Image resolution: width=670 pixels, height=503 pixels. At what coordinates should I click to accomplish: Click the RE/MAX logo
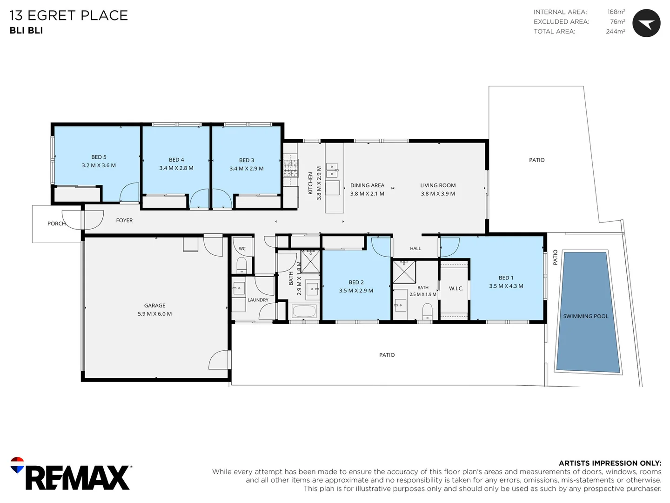tap(71, 473)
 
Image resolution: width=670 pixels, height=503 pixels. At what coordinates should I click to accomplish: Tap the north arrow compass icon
tap(646, 23)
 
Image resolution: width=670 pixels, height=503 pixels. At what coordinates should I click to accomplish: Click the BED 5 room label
tap(99, 157)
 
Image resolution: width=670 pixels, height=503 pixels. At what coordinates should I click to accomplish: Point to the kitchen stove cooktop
tap(291, 168)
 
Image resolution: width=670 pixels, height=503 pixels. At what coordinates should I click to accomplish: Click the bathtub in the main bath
tap(304, 312)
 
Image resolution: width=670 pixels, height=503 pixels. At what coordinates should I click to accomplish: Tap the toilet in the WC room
tap(242, 265)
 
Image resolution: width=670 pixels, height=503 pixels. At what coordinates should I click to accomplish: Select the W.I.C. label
tap(456, 288)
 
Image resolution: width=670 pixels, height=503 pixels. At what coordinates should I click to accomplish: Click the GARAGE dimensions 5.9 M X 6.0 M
tap(154, 313)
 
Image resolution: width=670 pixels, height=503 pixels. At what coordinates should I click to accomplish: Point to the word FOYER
tap(124, 220)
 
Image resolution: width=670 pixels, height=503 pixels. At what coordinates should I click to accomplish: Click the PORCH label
tap(56, 224)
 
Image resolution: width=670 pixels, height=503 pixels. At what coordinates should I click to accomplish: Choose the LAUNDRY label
tap(258, 300)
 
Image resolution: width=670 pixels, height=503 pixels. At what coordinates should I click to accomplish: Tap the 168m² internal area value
tap(616, 12)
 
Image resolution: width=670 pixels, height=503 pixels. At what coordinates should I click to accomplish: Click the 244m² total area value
tap(616, 31)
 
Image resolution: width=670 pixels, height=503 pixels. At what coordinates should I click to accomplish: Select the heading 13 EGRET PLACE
tap(69, 15)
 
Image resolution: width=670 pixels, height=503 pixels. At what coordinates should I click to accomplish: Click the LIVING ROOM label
tap(438, 185)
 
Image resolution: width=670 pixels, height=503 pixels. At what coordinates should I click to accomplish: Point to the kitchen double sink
tap(332, 170)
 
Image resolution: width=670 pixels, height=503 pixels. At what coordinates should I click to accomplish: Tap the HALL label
tap(415, 248)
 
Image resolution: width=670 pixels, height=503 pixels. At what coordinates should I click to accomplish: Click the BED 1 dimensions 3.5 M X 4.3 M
tap(506, 286)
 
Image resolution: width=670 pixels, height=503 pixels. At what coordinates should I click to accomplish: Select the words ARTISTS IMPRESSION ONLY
tap(610, 463)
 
